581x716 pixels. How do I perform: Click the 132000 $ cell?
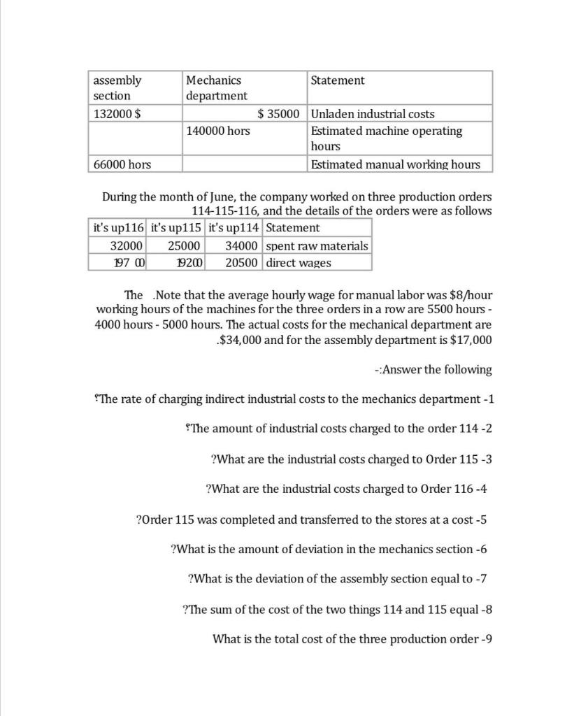pos(117,114)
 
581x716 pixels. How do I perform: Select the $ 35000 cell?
pos(278,114)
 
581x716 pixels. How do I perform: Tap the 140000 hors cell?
pos(218,131)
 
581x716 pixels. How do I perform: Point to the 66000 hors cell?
pos(122,164)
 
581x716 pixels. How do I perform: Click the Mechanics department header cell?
pos(217,88)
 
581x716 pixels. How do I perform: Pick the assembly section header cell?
pos(117,88)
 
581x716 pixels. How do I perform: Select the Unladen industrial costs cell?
pos(373,114)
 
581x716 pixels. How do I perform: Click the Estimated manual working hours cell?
pos(396,164)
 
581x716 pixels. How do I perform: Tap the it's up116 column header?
pos(118,228)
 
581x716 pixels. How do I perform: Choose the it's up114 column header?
pos(234,228)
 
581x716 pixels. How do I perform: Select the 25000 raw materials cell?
pos(184,245)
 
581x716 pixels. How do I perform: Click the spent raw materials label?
pos(317,245)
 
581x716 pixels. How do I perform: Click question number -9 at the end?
pos(486,639)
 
